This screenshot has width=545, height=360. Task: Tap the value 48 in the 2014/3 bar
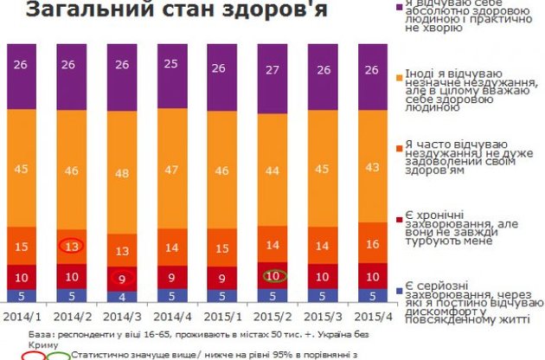tap(123, 172)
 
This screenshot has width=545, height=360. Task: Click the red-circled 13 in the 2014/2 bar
tap(73, 247)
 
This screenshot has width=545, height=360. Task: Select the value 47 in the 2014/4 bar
tap(171, 169)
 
